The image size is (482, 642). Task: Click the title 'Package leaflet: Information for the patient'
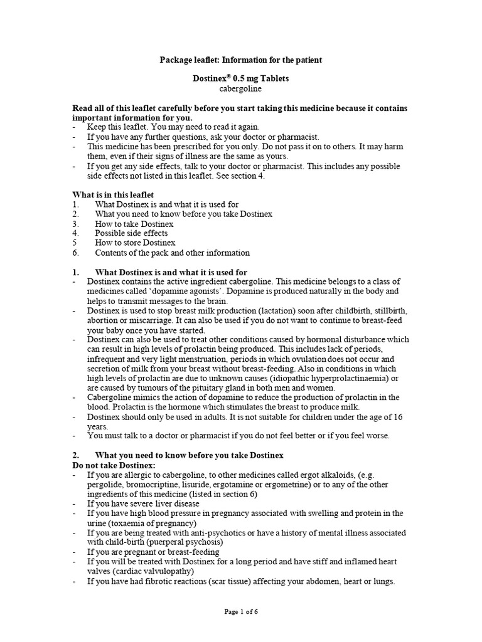click(241, 60)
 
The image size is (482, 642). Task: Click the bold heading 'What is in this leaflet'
click(114, 195)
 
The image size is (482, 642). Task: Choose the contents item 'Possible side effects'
click(131, 233)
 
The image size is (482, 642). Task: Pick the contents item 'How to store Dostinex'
click(135, 243)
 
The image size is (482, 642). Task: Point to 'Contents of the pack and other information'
click(172, 253)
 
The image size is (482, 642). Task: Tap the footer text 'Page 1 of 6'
click(241, 613)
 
